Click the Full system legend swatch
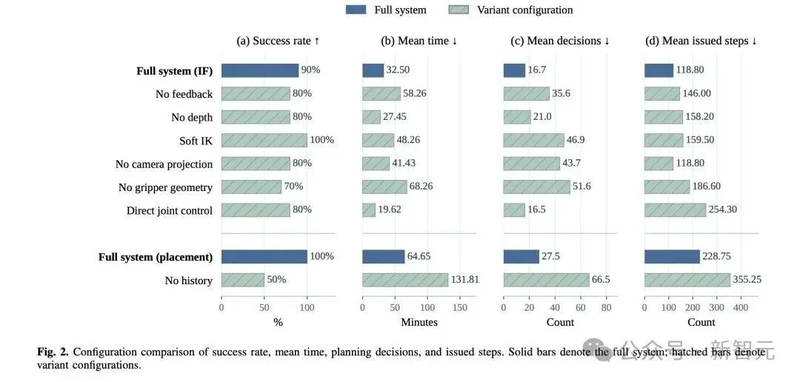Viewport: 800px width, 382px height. pos(356,10)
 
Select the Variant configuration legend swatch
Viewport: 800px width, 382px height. pos(459,10)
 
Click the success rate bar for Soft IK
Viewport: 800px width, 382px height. pos(264,140)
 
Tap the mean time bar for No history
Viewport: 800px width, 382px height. pos(405,280)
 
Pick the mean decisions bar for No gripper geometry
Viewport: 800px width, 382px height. pos(537,187)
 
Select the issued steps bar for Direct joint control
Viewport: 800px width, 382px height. pos(675,210)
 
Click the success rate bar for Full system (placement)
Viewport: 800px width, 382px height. pos(264,257)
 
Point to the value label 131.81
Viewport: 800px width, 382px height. pos(464,280)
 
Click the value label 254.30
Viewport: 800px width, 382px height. pos(722,210)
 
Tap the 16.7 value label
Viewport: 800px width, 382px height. pos(536,70)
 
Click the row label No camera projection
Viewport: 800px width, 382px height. pos(164,164)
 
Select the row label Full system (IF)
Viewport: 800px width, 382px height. pos(175,71)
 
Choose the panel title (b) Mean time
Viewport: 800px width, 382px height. pos(419,41)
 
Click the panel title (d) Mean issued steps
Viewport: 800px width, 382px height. pos(701,41)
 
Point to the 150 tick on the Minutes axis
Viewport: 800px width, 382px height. pos(460,307)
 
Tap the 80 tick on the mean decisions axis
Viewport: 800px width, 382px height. pos(606,307)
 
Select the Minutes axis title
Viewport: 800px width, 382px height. pos(419,322)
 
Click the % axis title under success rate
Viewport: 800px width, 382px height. pos(278,322)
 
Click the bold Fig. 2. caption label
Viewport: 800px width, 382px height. pos(54,352)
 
